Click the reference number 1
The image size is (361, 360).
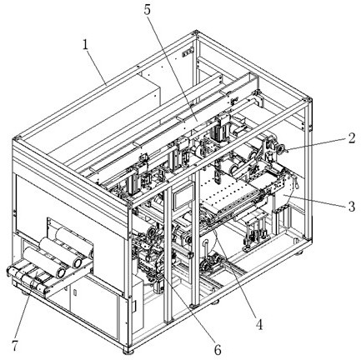pos(86,45)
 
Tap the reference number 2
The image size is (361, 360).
pos(351,137)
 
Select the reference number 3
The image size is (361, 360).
pos(352,207)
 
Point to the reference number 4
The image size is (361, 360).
pos(259,324)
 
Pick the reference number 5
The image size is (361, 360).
pos(148,10)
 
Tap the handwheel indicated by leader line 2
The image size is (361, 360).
pos(280,148)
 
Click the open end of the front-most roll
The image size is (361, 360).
pos(61,272)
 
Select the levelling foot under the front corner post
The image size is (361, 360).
pos(128,352)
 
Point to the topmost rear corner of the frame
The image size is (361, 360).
pos(196,32)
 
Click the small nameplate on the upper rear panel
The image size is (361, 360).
pos(188,52)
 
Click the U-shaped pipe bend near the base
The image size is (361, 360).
pos(206,244)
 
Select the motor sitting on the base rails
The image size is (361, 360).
pos(211,263)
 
